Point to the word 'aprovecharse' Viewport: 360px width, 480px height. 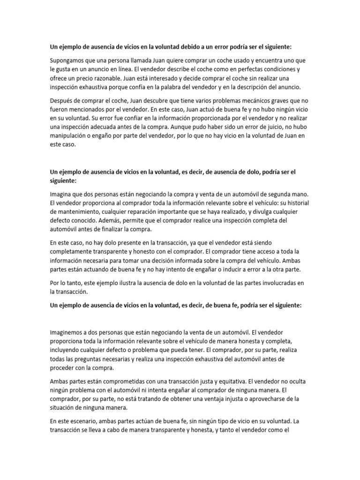click(x=256, y=398)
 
